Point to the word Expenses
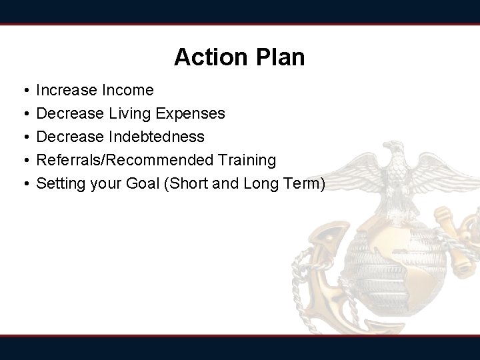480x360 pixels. [x=191, y=114]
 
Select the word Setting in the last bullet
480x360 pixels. [x=59, y=184]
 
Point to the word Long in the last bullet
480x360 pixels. [x=263, y=184]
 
